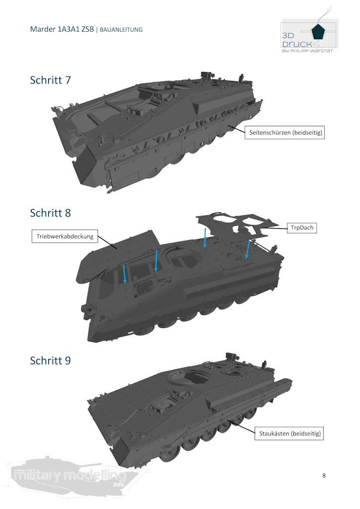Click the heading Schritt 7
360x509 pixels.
pyautogui.click(x=50, y=80)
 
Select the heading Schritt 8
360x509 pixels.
pyautogui.click(x=50, y=213)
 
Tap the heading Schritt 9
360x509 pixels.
pyautogui.click(x=50, y=360)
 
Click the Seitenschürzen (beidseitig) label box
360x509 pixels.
pyautogui.click(x=285, y=132)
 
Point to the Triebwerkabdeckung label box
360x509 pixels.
pyautogui.click(x=65, y=236)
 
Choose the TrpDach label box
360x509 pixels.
pyautogui.click(x=302, y=228)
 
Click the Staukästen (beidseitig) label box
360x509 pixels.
pyautogui.click(x=289, y=433)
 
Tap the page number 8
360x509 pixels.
pyautogui.click(x=324, y=476)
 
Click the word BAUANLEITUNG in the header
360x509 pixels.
pyautogui.click(x=121, y=29)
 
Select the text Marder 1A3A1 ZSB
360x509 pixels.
pyautogui.click(x=62, y=29)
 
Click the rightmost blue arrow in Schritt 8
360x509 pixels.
pyautogui.click(x=248, y=250)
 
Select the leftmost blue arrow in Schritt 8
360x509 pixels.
pyautogui.click(x=125, y=274)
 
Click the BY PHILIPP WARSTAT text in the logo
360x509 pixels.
pyautogui.click(x=307, y=51)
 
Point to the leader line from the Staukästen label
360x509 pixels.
pyautogui.click(x=241, y=426)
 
